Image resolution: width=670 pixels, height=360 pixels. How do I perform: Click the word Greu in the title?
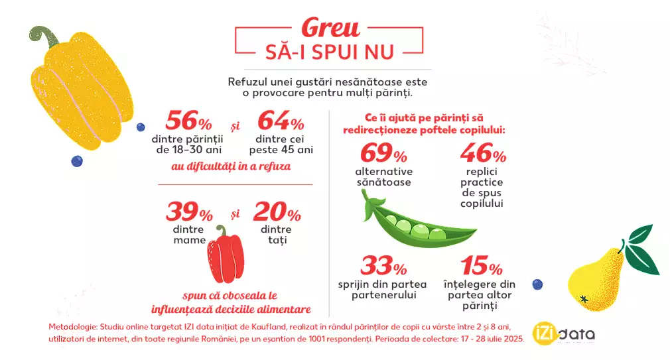[330, 28]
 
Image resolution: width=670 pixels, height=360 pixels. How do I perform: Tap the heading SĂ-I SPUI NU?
[330, 52]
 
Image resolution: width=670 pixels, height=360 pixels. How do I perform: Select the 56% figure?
[188, 121]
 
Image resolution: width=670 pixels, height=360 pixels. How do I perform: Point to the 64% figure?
[281, 121]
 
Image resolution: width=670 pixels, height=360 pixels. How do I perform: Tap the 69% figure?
[383, 154]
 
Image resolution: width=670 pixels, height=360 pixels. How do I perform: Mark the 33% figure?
[383, 267]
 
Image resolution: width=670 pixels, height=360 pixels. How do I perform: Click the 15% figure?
[482, 267]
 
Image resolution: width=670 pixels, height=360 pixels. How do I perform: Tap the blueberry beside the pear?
[537, 284]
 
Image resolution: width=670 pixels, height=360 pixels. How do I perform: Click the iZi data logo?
[565, 333]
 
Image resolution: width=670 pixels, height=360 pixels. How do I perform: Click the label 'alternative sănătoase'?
[383, 177]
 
